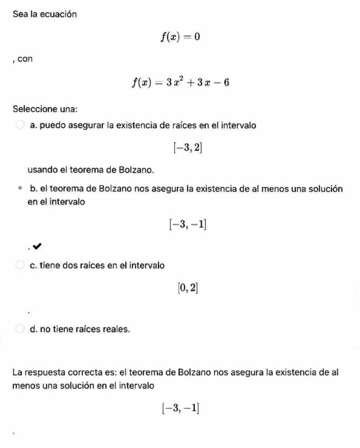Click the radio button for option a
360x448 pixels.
pyautogui.click(x=20, y=125)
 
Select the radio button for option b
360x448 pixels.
pyautogui.click(x=20, y=188)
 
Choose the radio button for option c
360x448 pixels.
pyautogui.click(x=20, y=265)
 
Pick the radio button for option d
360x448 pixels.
pyautogui.click(x=20, y=329)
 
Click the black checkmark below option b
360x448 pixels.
pyautogui.click(x=37, y=246)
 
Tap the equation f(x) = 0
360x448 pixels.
pyautogui.click(x=181, y=37)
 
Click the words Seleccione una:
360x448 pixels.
pyautogui.click(x=45, y=109)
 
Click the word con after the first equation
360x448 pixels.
pyautogui.click(x=25, y=59)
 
